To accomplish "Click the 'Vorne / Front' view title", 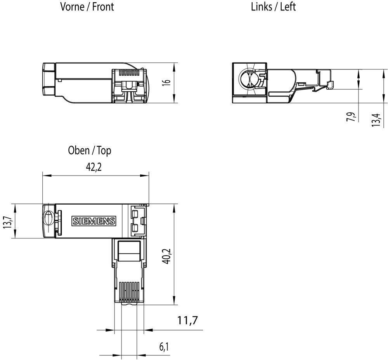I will click(87, 7).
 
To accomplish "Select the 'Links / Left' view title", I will click(273, 7).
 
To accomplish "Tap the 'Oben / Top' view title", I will click(89, 150).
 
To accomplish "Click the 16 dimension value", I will click(166, 83).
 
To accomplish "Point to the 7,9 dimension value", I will click(351, 117).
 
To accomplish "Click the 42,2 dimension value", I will click(95, 167).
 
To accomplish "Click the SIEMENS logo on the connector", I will click(94, 221).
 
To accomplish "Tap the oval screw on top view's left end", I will click(48, 219).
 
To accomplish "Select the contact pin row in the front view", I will click(128, 72).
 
